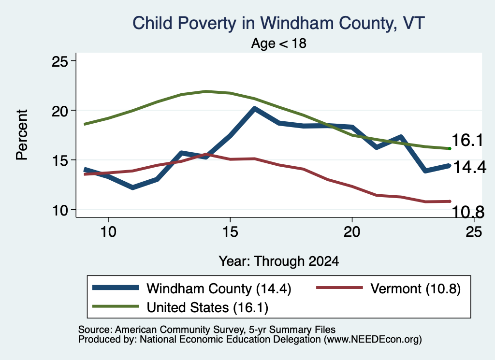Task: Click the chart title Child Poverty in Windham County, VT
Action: click(278, 23)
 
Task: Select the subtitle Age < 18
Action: click(279, 43)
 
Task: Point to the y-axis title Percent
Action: click(22, 135)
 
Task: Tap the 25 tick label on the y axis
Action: click(60, 61)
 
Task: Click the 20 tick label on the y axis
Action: click(60, 111)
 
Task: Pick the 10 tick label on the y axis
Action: click(60, 210)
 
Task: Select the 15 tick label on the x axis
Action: click(230, 232)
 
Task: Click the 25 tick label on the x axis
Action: click(474, 232)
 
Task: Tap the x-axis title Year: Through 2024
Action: click(279, 261)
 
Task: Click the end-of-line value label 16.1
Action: click(467, 140)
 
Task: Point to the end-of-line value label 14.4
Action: click(469, 167)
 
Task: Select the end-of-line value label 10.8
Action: click(468, 212)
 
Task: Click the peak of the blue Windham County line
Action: click(254, 109)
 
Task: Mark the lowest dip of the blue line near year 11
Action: click(132, 187)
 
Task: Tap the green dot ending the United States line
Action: click(450, 148)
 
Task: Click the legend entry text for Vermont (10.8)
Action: click(415, 288)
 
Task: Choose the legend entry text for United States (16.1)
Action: click(207, 308)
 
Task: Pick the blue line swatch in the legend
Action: click(116, 288)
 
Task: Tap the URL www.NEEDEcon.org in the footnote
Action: click(373, 339)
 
